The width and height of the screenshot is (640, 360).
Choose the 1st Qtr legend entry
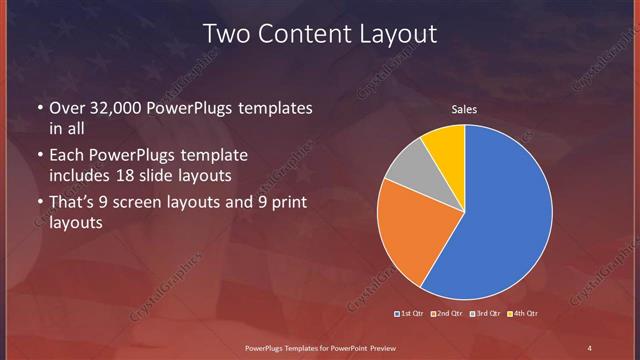click(x=410, y=314)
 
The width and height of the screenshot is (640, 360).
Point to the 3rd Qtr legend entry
click(x=484, y=314)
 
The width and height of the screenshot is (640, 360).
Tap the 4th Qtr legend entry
click(x=522, y=314)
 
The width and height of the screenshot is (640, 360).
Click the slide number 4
click(x=590, y=347)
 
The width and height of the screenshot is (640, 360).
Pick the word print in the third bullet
click(x=293, y=202)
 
